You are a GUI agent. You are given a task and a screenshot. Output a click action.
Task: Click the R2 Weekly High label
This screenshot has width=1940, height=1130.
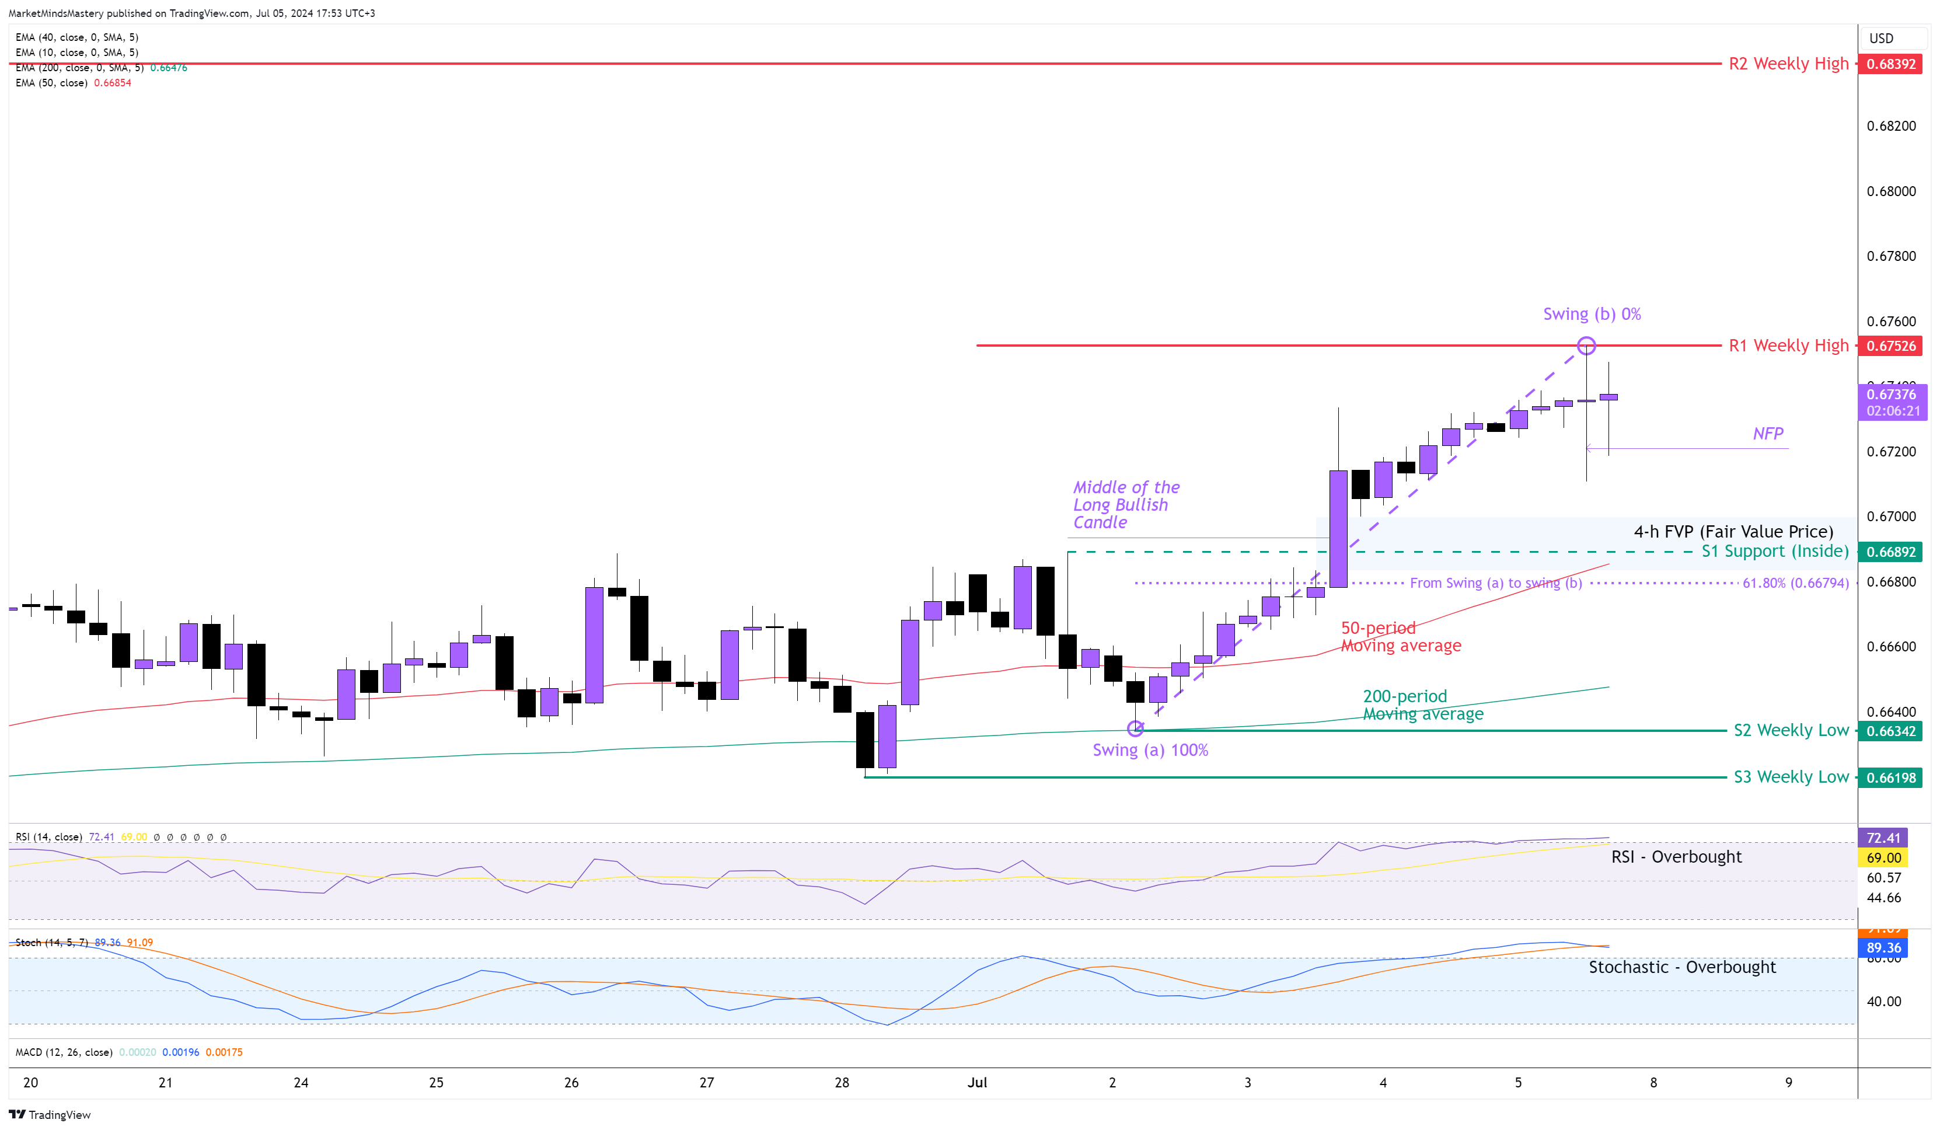point(1788,64)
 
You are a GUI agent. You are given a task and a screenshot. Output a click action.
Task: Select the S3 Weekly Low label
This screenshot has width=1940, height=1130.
point(1791,777)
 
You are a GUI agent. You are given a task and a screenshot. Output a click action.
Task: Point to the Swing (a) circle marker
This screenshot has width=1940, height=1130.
point(1136,728)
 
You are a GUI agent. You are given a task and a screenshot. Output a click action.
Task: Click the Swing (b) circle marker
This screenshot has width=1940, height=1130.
point(1586,346)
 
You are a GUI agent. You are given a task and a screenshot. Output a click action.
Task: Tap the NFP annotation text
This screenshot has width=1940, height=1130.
point(1768,433)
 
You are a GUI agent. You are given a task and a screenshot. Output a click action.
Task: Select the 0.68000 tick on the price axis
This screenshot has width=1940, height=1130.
point(1891,191)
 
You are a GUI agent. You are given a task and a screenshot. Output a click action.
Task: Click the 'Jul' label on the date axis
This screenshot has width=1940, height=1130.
point(977,1082)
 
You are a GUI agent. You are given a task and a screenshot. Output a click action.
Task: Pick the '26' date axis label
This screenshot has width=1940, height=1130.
point(571,1082)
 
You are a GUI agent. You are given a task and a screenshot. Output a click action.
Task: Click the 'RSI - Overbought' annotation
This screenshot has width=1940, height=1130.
point(1676,857)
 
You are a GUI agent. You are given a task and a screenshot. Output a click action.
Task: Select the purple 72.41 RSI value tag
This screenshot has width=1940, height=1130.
point(1883,838)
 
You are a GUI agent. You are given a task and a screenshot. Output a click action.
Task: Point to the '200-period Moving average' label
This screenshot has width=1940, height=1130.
point(1423,705)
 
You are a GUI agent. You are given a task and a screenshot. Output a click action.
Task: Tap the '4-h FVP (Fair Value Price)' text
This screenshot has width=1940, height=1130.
point(1733,531)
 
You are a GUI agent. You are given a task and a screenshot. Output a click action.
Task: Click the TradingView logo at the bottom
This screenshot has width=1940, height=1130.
point(50,1115)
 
